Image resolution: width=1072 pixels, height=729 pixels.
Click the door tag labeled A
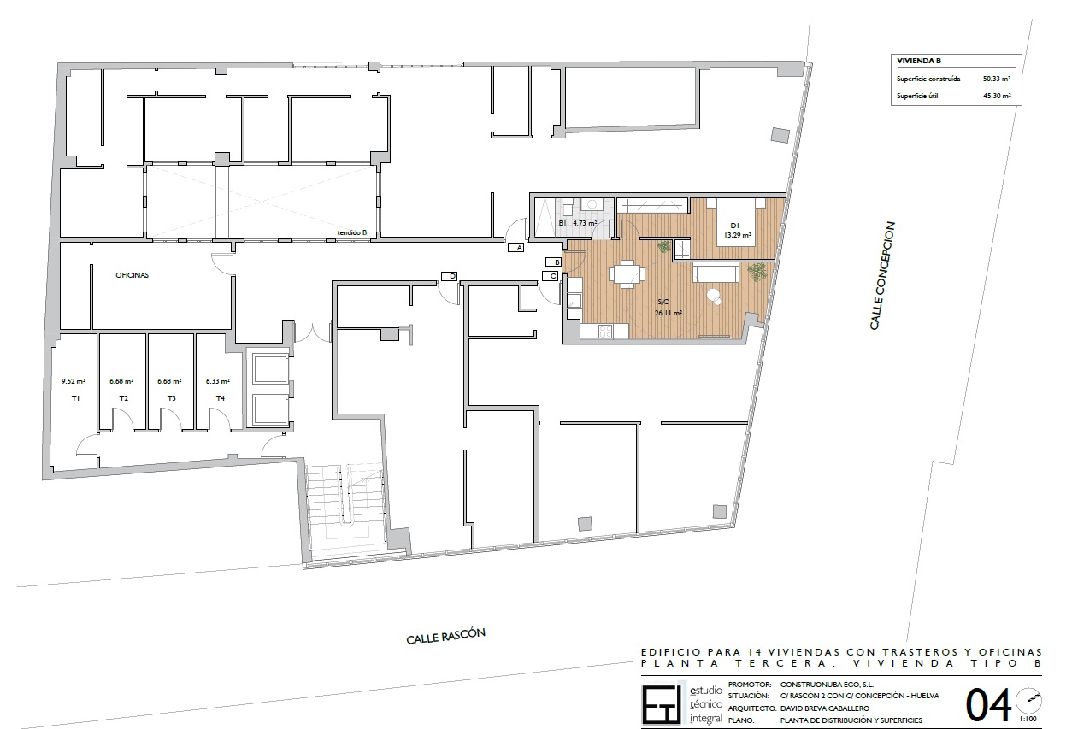(x=515, y=248)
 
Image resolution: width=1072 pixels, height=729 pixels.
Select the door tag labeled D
(x=450, y=276)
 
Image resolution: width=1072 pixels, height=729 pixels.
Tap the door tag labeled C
(x=551, y=276)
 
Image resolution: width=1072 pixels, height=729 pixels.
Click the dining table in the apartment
(x=627, y=274)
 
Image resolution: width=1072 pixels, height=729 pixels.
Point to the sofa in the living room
(x=716, y=273)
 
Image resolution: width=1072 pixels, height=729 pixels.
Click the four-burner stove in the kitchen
(x=605, y=331)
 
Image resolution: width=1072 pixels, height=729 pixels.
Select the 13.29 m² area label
(x=737, y=235)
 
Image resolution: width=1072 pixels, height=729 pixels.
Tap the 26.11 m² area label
(x=669, y=314)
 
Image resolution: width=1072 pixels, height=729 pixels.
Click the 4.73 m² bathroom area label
(x=585, y=223)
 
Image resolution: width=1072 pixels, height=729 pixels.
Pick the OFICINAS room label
(x=133, y=275)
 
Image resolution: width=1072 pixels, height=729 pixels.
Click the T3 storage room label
(x=171, y=398)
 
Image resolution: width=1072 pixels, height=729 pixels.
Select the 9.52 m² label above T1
(x=74, y=381)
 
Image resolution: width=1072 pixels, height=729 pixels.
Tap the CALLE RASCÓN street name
(x=446, y=636)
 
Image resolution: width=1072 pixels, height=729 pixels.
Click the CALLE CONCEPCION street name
(x=882, y=275)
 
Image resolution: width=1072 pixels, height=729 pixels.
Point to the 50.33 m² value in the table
(x=997, y=79)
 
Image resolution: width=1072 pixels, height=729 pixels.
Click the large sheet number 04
(x=987, y=706)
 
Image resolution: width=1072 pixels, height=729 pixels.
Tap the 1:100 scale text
(x=1028, y=719)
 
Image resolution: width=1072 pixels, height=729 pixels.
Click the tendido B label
(x=351, y=232)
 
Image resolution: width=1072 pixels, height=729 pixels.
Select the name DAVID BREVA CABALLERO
(x=825, y=708)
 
